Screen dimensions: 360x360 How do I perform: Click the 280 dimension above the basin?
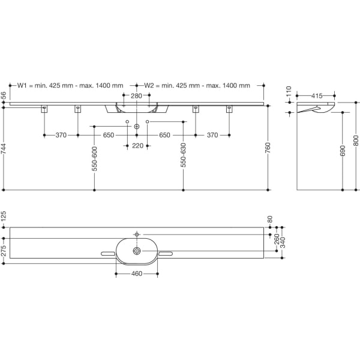tap(136, 96)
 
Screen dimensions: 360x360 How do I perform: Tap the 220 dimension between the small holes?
tap(137, 146)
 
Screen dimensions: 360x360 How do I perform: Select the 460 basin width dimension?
tap(137, 274)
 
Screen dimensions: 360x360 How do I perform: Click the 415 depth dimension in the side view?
tap(317, 96)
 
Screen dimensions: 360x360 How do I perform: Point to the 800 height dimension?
tap(356, 140)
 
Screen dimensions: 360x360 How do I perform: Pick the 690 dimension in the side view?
tap(343, 151)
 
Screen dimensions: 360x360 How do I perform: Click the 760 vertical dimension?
tap(268, 148)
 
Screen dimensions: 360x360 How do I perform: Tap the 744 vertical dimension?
tap(4, 149)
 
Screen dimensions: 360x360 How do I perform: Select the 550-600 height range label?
tap(94, 159)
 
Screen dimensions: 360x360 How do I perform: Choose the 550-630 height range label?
tap(183, 155)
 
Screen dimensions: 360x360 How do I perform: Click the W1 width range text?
tap(70, 86)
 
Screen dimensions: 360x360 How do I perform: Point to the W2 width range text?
tap(197, 86)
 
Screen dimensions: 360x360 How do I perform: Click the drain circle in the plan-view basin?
tap(137, 251)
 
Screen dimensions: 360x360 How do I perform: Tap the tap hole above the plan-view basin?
tap(137, 235)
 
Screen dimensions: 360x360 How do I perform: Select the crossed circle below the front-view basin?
tap(137, 126)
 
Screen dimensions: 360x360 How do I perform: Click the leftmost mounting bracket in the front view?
tap(44, 109)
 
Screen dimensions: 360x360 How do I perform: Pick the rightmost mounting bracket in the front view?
tap(229, 109)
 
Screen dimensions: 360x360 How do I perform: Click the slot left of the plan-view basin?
tap(108, 254)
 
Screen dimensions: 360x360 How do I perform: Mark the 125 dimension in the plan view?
tap(4, 217)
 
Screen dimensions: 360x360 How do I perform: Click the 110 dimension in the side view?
tap(289, 91)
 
